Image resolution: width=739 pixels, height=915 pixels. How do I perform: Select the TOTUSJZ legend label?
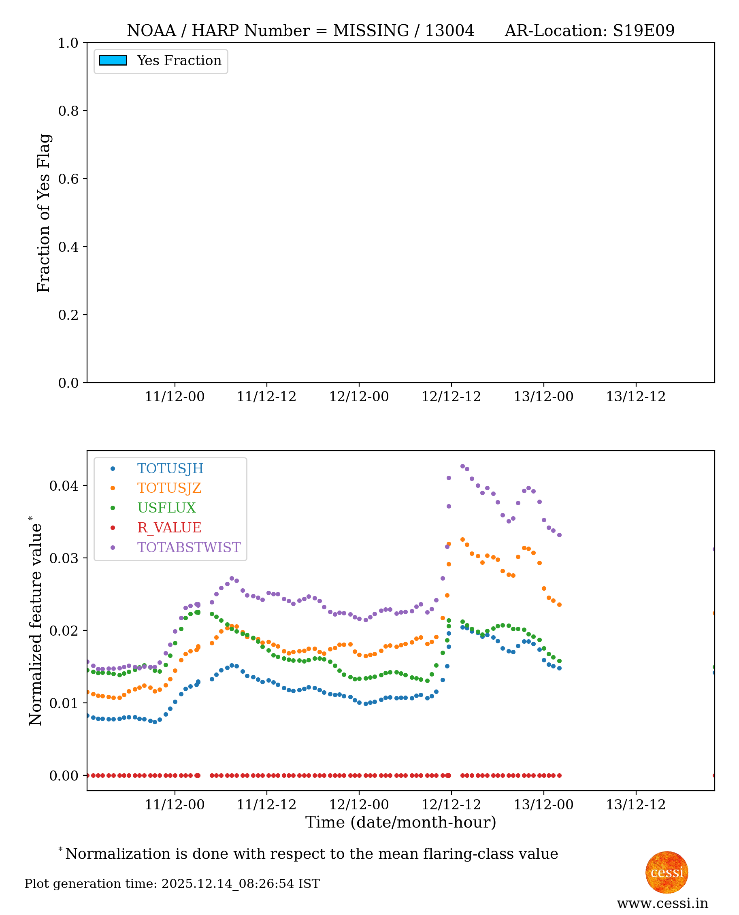click(168, 488)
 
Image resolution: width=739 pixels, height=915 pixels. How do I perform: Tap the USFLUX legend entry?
click(166, 508)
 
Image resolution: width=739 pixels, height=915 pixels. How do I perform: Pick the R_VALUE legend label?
click(168, 528)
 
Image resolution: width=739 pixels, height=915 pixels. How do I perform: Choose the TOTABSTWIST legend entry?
click(189, 547)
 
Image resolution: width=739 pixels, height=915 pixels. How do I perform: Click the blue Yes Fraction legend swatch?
click(113, 60)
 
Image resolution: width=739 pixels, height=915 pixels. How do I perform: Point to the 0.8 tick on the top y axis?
click(68, 111)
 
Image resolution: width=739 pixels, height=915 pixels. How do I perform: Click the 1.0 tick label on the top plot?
click(68, 43)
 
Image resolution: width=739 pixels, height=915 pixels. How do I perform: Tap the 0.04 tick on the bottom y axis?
click(64, 485)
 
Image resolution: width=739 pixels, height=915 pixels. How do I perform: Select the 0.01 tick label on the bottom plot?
click(64, 703)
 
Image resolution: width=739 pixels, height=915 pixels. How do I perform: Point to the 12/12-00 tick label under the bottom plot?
click(358, 805)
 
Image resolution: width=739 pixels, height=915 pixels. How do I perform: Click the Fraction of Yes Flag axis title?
click(44, 213)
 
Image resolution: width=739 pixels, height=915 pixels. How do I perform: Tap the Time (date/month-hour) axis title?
click(400, 822)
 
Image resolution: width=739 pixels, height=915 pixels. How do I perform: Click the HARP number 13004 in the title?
click(449, 31)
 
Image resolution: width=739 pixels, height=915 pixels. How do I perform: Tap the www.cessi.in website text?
click(662, 903)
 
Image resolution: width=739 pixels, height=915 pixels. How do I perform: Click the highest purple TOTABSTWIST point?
click(463, 466)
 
